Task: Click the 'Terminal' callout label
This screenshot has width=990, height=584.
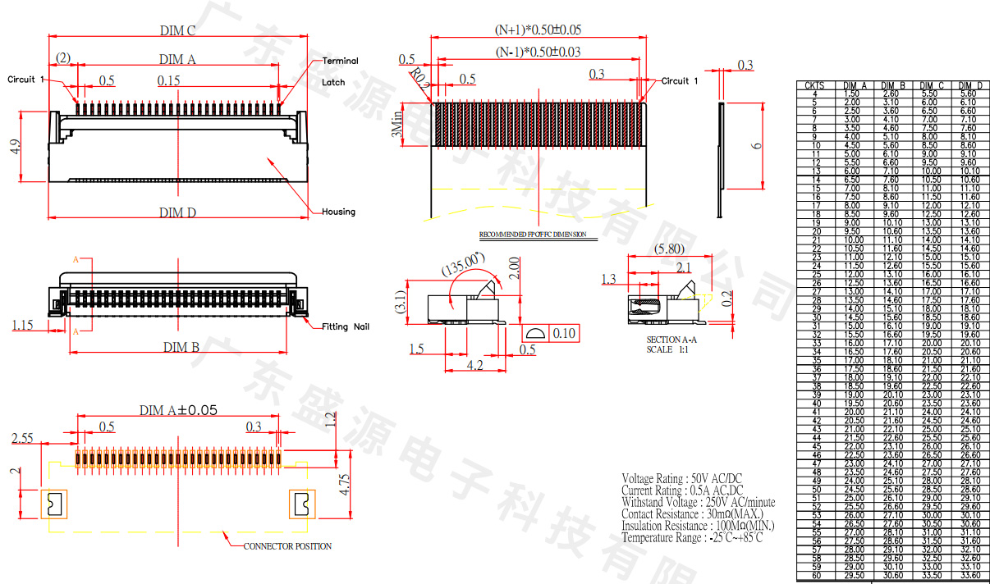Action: tap(340, 61)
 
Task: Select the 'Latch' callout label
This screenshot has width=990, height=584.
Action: tap(333, 82)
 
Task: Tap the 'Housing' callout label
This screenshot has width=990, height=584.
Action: tap(338, 212)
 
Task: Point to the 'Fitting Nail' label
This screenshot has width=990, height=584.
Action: tap(346, 326)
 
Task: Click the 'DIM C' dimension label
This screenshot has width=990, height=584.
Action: tap(177, 31)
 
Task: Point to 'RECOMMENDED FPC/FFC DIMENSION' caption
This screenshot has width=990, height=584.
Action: tap(533, 235)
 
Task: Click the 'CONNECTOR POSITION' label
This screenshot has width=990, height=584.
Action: tap(287, 546)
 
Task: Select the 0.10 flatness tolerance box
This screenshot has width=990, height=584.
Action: tap(564, 333)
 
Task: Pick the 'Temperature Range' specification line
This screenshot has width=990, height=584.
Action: tap(692, 537)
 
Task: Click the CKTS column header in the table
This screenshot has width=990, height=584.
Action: tap(814, 85)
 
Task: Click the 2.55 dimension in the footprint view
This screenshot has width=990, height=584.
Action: tap(22, 439)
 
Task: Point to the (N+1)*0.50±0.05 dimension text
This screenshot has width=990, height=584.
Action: tap(539, 30)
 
